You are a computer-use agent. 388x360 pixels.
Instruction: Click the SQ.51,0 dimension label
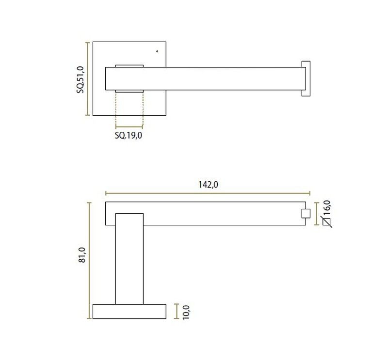[x=81, y=79]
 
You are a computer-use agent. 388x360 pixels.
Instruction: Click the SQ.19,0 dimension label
[x=129, y=136]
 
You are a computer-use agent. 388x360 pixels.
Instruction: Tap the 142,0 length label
[x=208, y=185]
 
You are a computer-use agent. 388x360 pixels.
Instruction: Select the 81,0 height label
[x=82, y=255]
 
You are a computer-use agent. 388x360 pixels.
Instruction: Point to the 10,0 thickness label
[x=186, y=313]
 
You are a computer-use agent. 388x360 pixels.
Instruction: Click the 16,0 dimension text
[x=326, y=208]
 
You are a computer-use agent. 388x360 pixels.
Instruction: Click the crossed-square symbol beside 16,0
[x=326, y=222]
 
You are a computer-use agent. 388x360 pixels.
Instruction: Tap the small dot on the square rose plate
[x=157, y=51]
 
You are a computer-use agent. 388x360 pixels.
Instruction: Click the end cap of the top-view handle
[x=306, y=78]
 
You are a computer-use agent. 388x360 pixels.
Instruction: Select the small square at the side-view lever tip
[x=306, y=214]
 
